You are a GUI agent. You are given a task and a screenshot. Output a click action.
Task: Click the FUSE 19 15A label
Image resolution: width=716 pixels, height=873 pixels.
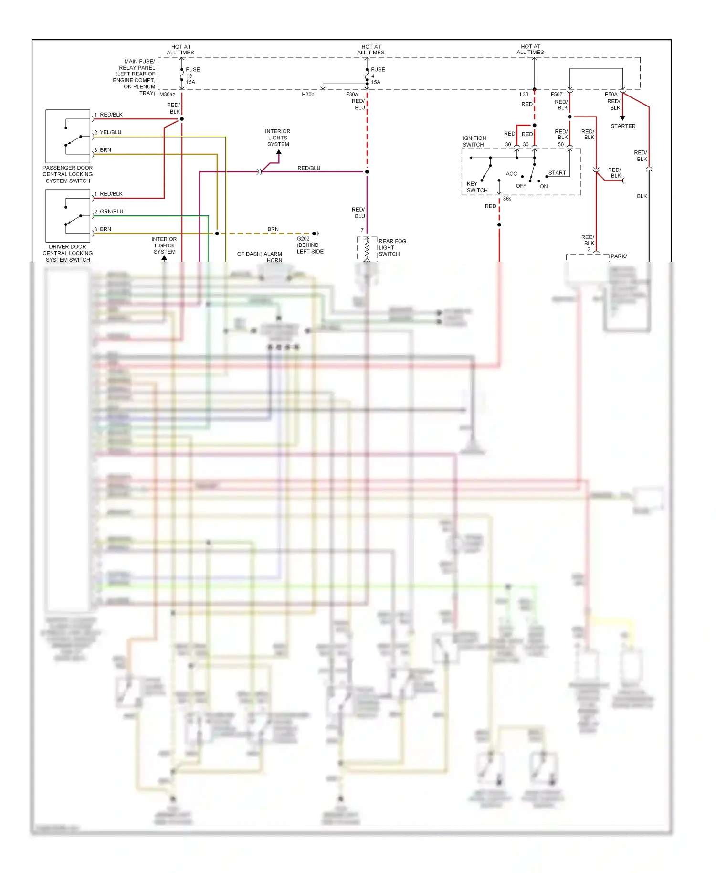click(x=192, y=75)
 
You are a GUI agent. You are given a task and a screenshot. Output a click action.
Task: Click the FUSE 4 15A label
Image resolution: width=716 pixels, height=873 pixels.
click(x=377, y=75)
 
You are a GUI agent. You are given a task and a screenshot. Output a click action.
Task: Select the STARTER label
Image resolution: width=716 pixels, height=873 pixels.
click(x=623, y=126)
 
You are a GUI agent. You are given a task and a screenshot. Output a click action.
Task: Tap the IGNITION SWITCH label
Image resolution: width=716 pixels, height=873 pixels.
click(x=474, y=141)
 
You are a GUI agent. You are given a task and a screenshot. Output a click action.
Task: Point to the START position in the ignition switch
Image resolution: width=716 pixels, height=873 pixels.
click(x=557, y=173)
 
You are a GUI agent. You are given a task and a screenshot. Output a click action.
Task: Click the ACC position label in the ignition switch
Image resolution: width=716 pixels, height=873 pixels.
click(x=511, y=174)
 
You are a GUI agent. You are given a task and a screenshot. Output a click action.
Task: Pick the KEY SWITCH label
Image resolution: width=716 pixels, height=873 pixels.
click(x=476, y=187)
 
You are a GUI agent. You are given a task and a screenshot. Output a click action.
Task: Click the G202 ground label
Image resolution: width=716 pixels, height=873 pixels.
click(x=303, y=239)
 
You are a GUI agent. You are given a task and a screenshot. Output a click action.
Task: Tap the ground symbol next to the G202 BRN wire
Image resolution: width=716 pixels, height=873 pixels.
click(x=316, y=234)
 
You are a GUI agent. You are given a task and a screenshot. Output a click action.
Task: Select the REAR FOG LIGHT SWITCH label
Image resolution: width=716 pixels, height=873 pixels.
click(x=392, y=247)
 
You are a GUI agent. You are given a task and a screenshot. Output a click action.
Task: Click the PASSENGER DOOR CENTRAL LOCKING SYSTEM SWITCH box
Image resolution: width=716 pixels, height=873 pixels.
click(x=68, y=137)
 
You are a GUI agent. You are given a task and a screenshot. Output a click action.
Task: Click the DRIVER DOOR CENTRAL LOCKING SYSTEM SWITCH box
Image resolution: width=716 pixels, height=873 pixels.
click(x=68, y=216)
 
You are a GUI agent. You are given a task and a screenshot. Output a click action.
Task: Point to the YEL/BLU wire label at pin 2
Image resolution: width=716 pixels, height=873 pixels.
click(x=110, y=132)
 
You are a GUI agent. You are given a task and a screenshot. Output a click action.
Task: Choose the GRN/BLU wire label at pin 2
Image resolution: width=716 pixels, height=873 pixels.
click(x=111, y=212)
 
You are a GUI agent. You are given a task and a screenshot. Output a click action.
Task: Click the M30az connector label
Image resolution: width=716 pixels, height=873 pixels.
click(x=167, y=95)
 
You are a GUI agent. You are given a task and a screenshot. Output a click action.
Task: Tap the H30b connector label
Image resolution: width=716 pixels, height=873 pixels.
click(x=308, y=95)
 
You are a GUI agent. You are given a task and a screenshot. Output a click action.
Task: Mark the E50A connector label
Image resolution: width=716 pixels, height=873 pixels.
click(x=611, y=95)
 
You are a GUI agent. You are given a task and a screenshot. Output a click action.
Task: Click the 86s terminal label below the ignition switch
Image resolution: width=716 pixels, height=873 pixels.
click(x=507, y=199)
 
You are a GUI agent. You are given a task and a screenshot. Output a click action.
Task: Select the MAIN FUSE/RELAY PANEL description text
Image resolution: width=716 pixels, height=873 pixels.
click(x=135, y=77)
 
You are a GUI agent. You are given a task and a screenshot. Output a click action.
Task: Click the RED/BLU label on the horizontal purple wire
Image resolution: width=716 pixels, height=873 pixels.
click(x=309, y=168)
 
